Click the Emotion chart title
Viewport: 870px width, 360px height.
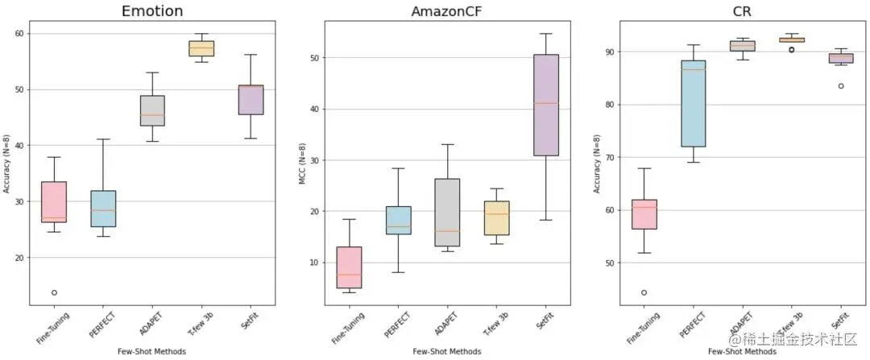click(x=151, y=11)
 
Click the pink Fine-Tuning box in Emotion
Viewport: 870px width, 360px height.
click(x=54, y=201)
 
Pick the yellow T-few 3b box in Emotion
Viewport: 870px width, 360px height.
click(x=201, y=48)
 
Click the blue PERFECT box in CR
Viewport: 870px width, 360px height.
click(x=693, y=103)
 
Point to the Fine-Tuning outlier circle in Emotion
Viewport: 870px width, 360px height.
click(x=54, y=292)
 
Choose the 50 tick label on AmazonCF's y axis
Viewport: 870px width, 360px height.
click(x=317, y=58)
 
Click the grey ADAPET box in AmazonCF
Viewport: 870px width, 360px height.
click(x=446, y=212)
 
